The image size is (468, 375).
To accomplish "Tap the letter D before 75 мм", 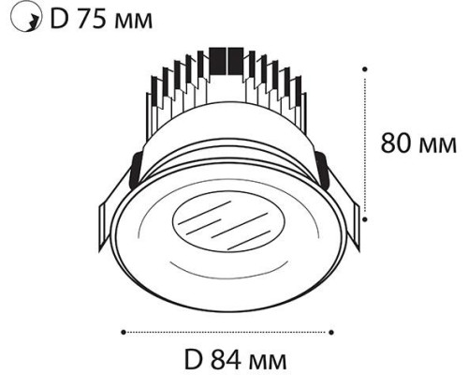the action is (59, 20).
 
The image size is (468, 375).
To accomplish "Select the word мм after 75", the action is (134, 22).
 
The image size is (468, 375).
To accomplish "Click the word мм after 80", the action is (438, 146).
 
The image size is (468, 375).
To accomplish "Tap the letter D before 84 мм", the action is (194, 360).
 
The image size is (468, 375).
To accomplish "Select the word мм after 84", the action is (268, 363).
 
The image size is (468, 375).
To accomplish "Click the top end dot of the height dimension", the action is (364, 69).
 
